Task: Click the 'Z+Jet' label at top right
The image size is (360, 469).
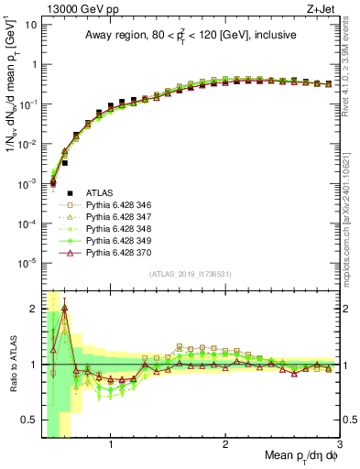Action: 323,8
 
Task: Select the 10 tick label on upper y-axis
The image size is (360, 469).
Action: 28,25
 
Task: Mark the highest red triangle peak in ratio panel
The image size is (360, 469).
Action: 64,309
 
